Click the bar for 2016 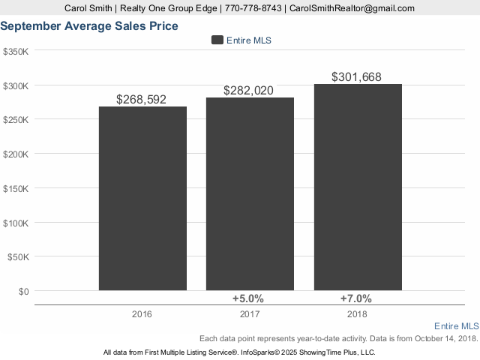(x=142, y=198)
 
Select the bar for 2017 (x=250, y=193)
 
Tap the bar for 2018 (x=358, y=187)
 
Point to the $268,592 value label (x=142, y=99)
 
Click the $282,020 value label (x=248, y=91)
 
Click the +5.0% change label (x=250, y=298)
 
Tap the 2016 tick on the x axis (x=142, y=313)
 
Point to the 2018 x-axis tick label (x=358, y=313)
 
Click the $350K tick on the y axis (x=16, y=52)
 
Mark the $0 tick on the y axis (x=22, y=290)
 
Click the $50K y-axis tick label (x=18, y=256)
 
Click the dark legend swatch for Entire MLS (x=217, y=40)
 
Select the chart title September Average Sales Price (x=89, y=26)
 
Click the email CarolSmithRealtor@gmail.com (x=352, y=8)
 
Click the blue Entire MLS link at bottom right (x=456, y=326)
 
